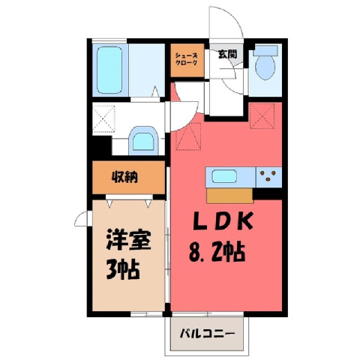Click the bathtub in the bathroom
(x=109, y=70)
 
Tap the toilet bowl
(x=265, y=67)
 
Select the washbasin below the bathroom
(x=143, y=142)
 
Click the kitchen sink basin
(x=224, y=176)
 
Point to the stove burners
(x=268, y=175)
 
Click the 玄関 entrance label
(x=227, y=54)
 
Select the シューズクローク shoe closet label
(x=186, y=59)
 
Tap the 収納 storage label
(x=124, y=178)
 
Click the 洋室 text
(x=129, y=241)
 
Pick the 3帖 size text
(x=122, y=269)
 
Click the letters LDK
(x=223, y=221)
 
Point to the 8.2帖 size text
(x=217, y=252)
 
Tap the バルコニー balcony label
(x=207, y=333)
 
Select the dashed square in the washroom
(x=103, y=119)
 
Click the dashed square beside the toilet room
(x=262, y=116)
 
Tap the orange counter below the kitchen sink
(x=229, y=196)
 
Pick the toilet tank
(x=265, y=51)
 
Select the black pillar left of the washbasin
(x=102, y=145)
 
